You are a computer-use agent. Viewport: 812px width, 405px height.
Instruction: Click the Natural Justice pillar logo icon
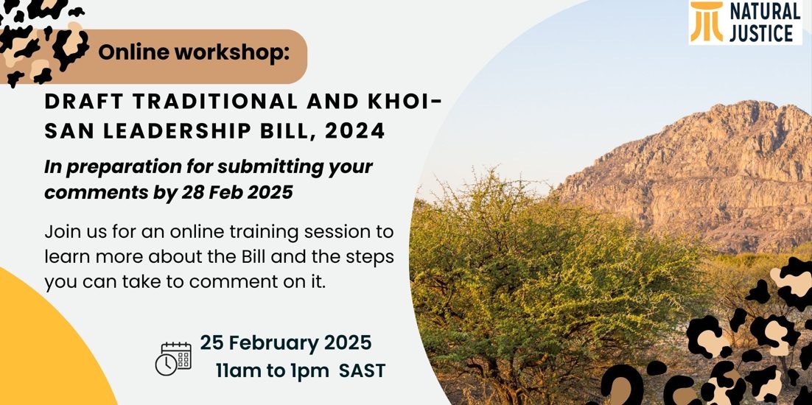coord(707,22)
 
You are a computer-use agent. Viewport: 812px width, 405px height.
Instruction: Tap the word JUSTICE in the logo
coord(761,33)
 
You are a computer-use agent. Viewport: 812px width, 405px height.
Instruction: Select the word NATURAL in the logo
coord(764,11)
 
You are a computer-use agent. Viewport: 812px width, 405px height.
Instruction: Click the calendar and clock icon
coord(173,359)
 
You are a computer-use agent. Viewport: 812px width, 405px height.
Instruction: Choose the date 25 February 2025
coord(286,342)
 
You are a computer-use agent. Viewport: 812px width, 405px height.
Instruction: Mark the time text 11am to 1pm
coord(273,371)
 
